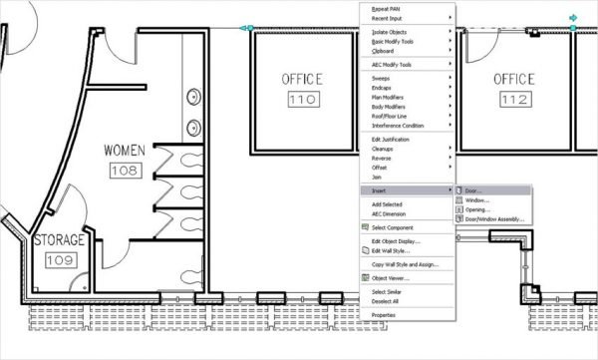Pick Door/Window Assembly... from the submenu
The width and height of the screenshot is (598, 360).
(494, 219)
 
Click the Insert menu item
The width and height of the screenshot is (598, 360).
(379, 189)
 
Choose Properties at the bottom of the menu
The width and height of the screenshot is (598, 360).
(384, 314)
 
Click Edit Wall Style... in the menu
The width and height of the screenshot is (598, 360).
(392, 250)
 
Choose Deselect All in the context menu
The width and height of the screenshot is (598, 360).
(386, 300)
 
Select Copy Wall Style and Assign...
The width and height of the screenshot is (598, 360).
(405, 264)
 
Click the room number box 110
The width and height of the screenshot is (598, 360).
(301, 100)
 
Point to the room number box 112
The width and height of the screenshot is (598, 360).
(514, 100)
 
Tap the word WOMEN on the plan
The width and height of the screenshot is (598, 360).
(125, 151)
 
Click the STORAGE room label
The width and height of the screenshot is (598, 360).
(60, 241)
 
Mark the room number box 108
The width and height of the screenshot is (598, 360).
(125, 171)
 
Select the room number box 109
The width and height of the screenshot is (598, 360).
(60, 259)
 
